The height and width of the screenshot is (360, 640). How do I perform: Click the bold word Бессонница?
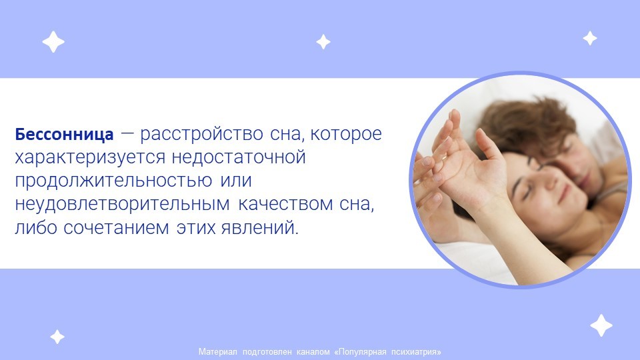click(x=64, y=134)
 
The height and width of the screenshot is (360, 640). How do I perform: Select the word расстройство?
click(x=201, y=135)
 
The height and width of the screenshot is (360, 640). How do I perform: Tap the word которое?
click(x=346, y=134)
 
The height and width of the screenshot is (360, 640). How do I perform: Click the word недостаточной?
click(x=239, y=157)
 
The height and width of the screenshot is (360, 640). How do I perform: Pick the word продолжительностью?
click(x=113, y=181)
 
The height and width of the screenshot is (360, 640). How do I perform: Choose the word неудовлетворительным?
click(x=123, y=205)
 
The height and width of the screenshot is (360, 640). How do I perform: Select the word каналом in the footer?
click(x=313, y=352)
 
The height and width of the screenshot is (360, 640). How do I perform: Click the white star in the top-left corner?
click(x=53, y=41)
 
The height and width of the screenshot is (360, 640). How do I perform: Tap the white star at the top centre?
click(x=323, y=41)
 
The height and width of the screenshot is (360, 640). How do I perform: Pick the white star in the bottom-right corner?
click(x=601, y=325)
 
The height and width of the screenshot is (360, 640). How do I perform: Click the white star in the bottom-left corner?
click(x=57, y=337)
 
